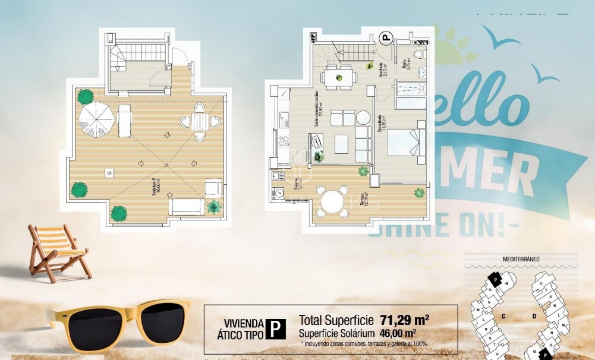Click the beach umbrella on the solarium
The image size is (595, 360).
coord(97,119)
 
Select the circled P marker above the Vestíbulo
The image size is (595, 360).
coord(386,40)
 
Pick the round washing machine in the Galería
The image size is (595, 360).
coord(278,192)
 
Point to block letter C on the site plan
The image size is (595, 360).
coord(503,316)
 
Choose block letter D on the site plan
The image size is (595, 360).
coord(534,316)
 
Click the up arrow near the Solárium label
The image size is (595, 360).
coord(171,194)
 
